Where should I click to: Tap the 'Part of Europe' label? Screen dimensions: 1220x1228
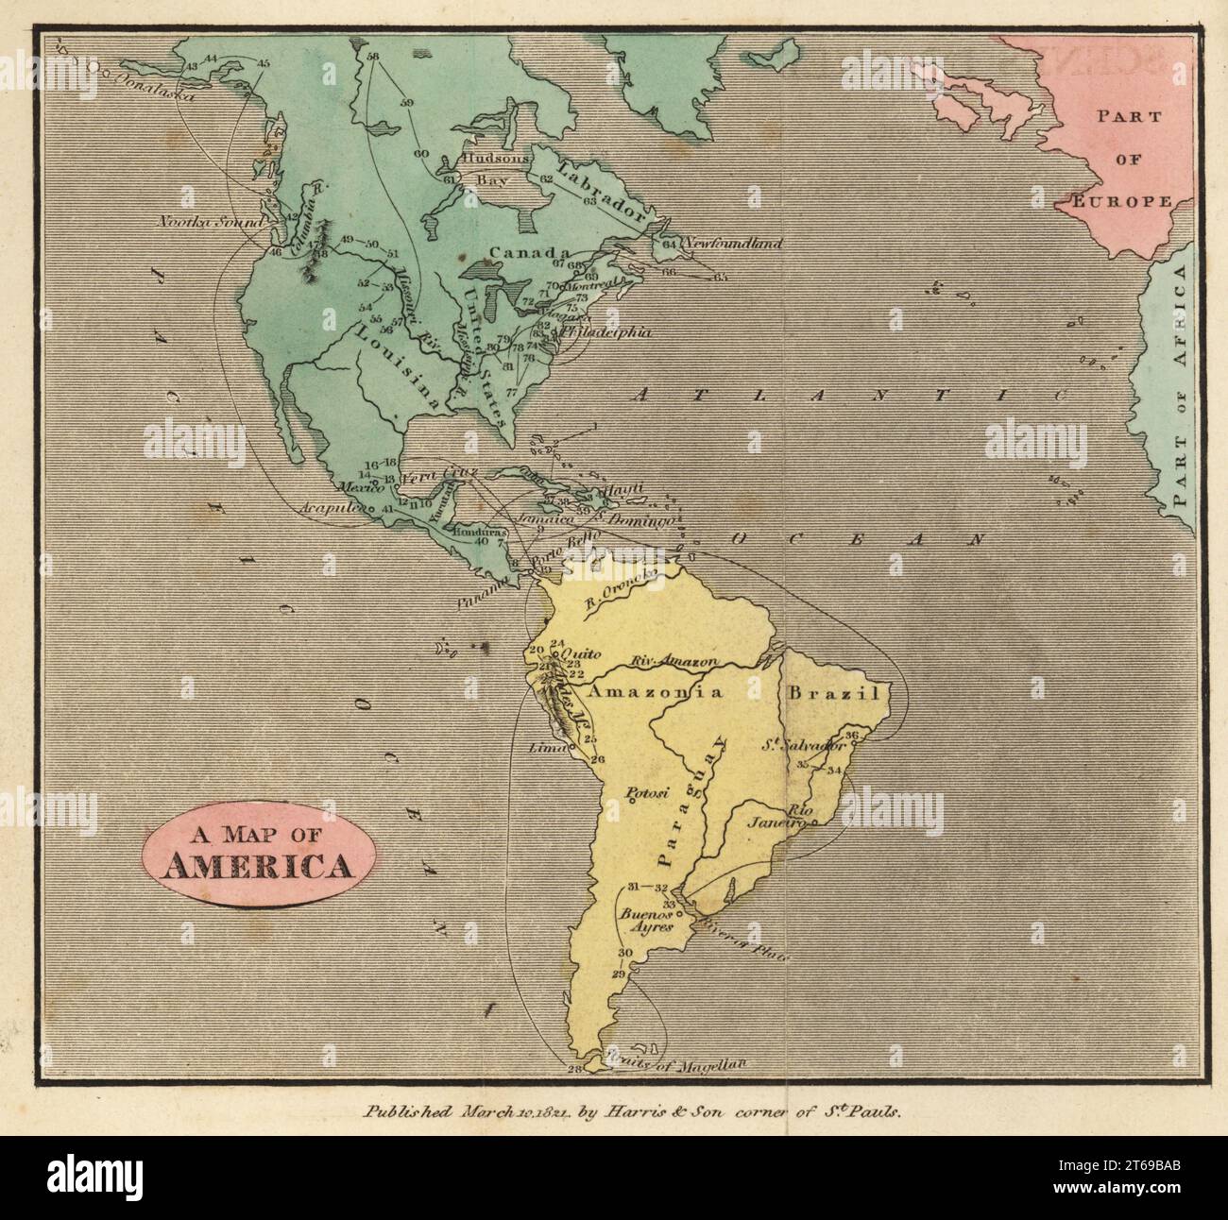click(1124, 158)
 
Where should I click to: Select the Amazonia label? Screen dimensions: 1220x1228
click(655, 692)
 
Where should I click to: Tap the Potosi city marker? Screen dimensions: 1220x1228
click(631, 803)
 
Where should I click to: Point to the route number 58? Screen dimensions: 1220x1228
click(371, 57)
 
